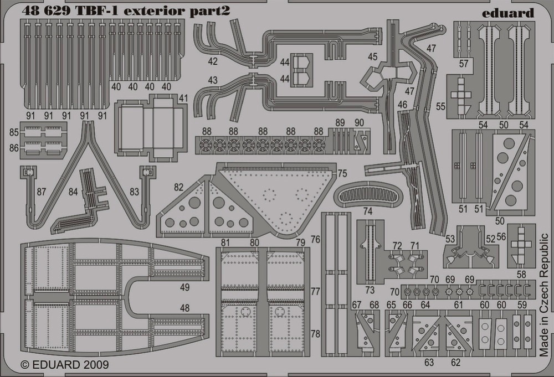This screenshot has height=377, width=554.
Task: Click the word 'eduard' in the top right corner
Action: (x=507, y=13)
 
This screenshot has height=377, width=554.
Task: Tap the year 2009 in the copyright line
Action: (x=96, y=364)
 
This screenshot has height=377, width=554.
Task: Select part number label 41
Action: (x=183, y=98)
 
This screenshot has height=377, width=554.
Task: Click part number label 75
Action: (x=342, y=174)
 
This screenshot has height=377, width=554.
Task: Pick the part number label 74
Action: (x=367, y=211)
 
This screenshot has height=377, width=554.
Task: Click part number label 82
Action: (x=178, y=187)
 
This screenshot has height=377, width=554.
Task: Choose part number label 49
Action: (x=184, y=287)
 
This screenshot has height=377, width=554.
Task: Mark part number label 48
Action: (x=184, y=308)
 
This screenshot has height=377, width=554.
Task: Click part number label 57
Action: (x=464, y=64)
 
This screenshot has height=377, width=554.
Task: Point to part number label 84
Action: (x=73, y=192)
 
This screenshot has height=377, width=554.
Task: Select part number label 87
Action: (x=42, y=192)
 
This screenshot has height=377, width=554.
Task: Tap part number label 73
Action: (x=370, y=290)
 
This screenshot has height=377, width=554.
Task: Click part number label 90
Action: (x=359, y=123)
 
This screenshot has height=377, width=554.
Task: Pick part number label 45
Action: (x=372, y=56)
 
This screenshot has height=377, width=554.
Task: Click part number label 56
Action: (x=501, y=237)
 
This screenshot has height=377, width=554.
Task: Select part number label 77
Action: (x=316, y=292)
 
